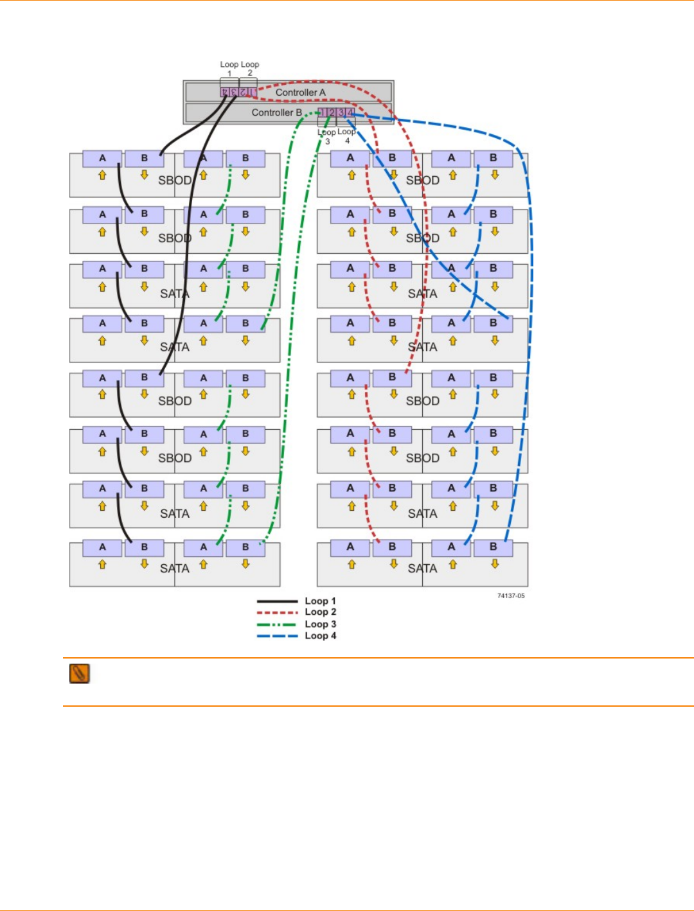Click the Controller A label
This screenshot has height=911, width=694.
click(300, 93)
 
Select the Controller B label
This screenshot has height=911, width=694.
click(276, 112)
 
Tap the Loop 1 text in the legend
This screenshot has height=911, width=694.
click(320, 601)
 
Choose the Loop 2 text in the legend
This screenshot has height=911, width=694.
click(320, 612)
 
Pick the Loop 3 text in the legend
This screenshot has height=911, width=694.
click(320, 624)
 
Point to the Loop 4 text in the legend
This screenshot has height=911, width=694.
click(320, 635)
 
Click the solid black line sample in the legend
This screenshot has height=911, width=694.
click(277, 601)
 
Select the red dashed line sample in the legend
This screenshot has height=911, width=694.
click(277, 613)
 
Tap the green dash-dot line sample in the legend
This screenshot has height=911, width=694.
click(277, 624)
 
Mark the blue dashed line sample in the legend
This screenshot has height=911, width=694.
click(277, 636)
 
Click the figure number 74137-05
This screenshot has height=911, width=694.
click(511, 596)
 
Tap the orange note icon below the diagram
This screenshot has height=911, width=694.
click(80, 673)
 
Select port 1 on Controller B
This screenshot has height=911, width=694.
click(323, 112)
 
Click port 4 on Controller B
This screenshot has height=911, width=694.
click(350, 112)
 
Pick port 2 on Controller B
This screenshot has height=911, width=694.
click(332, 112)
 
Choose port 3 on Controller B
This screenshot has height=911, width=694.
click(341, 112)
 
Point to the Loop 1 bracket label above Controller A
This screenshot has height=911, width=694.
click(229, 68)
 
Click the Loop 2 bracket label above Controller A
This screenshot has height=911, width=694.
click(250, 68)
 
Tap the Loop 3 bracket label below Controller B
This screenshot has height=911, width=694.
click(327, 136)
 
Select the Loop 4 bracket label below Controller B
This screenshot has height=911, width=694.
click(347, 136)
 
